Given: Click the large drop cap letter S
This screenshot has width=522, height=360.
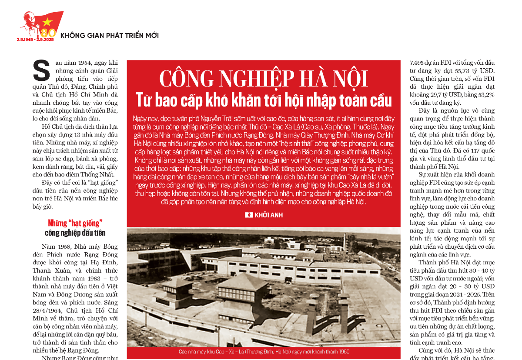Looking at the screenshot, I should click(41, 71).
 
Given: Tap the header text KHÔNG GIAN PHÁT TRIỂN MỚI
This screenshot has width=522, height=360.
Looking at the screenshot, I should click(109, 35).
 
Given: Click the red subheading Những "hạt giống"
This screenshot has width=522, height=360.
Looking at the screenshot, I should click(75, 223).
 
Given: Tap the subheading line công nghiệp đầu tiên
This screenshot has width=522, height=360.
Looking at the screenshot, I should click(75, 233).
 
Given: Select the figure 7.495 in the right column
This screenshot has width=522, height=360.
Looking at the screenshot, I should click(419, 62).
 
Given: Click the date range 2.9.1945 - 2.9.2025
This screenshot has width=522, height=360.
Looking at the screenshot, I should click(34, 40).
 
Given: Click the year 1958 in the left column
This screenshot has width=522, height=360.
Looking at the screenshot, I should click(64, 247).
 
